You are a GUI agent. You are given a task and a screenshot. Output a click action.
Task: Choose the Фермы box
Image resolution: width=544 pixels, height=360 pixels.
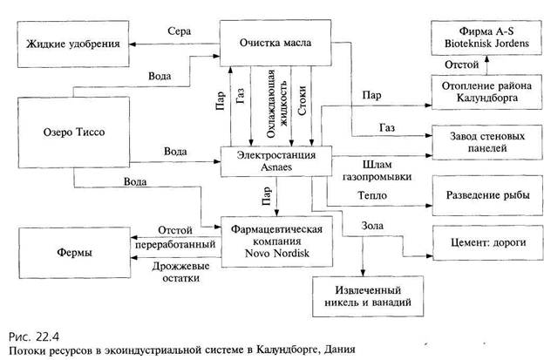(x=72, y=251)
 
